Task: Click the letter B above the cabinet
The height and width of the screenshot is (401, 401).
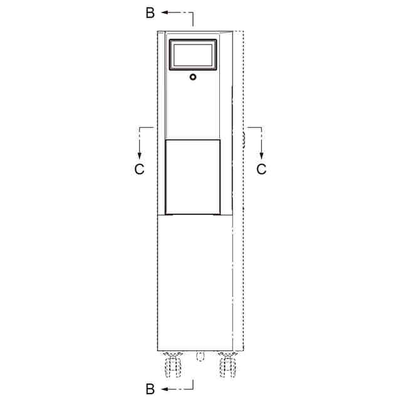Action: pyautogui.click(x=150, y=13)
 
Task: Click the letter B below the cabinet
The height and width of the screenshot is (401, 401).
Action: pyautogui.click(x=150, y=389)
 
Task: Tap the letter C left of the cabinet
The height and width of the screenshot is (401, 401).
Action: pyautogui.click(x=139, y=169)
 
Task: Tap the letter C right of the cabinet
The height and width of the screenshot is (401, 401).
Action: pyautogui.click(x=261, y=169)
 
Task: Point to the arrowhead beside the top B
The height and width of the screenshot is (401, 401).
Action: pyautogui.click(x=164, y=13)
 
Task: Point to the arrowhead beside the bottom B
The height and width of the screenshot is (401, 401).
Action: pyautogui.click(x=164, y=389)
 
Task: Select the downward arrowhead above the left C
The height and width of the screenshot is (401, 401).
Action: pyautogui.click(x=139, y=156)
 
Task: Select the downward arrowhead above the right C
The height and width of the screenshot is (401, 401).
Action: pyautogui.click(x=261, y=156)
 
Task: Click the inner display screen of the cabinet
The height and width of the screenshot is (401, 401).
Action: pyautogui.click(x=193, y=55)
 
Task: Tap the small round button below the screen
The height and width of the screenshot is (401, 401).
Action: pyautogui.click(x=193, y=77)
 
